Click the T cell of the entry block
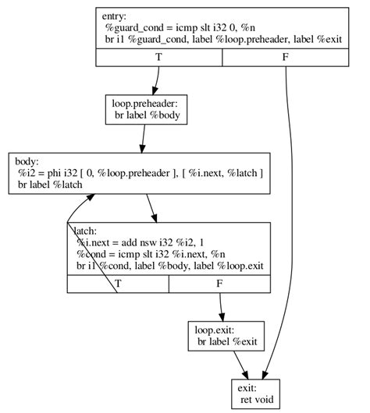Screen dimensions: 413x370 pos(158,57)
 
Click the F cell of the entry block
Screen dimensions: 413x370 pos(286,57)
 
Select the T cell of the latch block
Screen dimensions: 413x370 pos(117,284)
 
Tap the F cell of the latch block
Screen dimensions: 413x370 pos(219,284)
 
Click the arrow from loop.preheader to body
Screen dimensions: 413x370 pos(143,138)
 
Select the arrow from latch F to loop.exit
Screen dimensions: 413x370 pos(222,305)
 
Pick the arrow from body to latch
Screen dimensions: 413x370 pos(152,208)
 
